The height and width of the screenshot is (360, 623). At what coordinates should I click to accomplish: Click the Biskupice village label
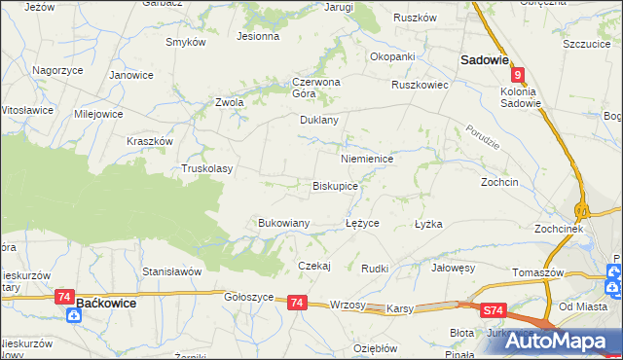[x=335, y=185]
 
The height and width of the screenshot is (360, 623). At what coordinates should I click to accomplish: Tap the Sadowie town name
[x=484, y=59]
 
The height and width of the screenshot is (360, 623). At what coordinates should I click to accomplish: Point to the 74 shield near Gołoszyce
[x=298, y=304]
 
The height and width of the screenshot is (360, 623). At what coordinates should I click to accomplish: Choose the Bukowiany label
[x=283, y=223]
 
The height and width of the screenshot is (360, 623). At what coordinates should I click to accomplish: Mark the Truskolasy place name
[x=207, y=168]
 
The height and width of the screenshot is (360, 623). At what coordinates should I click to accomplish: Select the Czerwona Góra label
[x=315, y=88]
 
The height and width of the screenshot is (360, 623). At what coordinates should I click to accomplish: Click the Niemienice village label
[x=366, y=158]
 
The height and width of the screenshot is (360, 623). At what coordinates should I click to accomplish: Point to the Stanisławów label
[x=171, y=270]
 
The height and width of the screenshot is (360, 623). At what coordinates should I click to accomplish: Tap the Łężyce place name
[x=362, y=223]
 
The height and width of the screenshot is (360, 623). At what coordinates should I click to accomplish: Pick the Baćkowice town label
[x=110, y=304]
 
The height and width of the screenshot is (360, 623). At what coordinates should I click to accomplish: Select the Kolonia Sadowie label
[x=520, y=97]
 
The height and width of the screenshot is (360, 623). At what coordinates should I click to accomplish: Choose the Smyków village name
[x=185, y=43]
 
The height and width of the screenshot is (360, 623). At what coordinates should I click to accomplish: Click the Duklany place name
[x=318, y=121]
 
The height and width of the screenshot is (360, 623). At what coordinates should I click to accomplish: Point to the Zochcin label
[x=499, y=182]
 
